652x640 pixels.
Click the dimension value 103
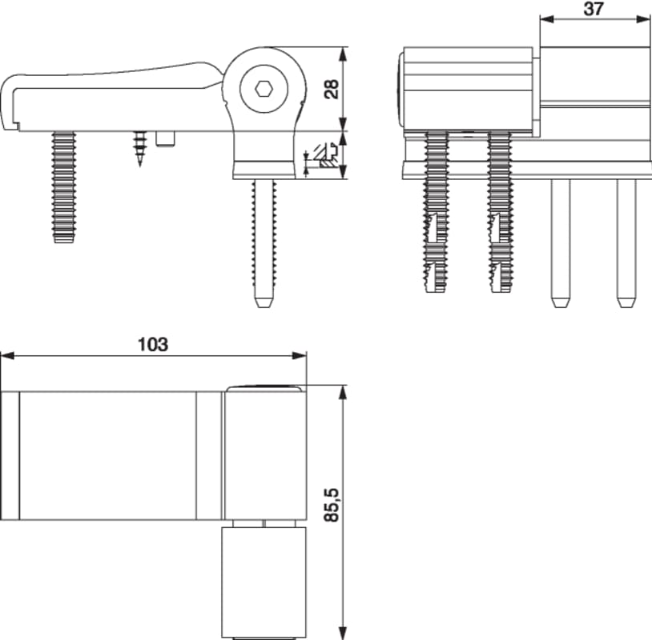(153, 344)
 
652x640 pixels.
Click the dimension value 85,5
(332, 505)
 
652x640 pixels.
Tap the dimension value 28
(332, 89)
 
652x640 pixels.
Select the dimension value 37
(594, 9)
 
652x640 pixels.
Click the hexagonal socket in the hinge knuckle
(264, 89)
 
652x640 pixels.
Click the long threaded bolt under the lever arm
(63, 187)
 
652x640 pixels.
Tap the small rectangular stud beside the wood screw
(166, 138)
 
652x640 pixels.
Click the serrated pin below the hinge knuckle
(264, 243)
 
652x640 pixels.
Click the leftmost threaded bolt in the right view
(437, 212)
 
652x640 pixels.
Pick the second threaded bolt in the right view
(501, 212)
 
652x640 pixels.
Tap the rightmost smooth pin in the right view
(626, 243)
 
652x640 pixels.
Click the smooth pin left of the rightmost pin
(561, 243)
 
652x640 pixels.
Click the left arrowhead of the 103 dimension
(7, 356)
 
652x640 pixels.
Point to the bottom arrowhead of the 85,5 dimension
(342, 633)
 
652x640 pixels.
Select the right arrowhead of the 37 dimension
(643, 19)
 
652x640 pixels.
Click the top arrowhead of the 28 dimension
(342, 54)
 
